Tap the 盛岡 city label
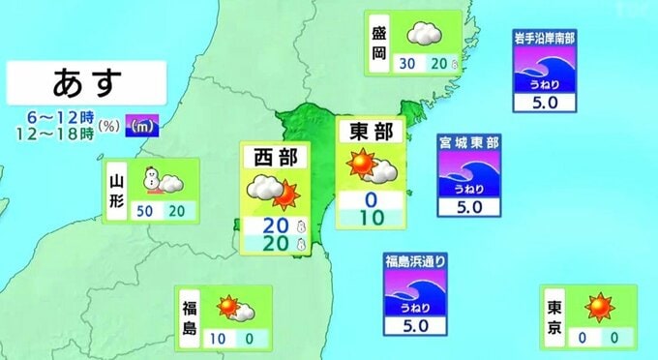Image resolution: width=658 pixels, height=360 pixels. pyautogui.click(x=380, y=45)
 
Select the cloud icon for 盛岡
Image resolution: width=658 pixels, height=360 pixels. pyautogui.click(x=423, y=35)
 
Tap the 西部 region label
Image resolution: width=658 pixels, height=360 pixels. pyautogui.click(x=276, y=156)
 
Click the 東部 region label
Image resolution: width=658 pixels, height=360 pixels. pyautogui.click(x=371, y=133)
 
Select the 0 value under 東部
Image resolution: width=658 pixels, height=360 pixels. pyautogui.click(x=371, y=200)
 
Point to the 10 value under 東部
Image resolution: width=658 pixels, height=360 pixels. pyautogui.click(x=371, y=218)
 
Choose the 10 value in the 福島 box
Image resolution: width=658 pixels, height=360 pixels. pyautogui.click(x=220, y=338)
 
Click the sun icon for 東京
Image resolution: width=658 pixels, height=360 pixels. pyautogui.click(x=601, y=307)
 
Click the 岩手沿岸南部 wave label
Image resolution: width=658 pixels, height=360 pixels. pyautogui.click(x=550, y=39)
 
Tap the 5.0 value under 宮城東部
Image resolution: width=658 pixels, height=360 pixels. pyautogui.click(x=468, y=206)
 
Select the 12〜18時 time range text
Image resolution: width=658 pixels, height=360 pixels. pyautogui.click(x=54, y=133)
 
